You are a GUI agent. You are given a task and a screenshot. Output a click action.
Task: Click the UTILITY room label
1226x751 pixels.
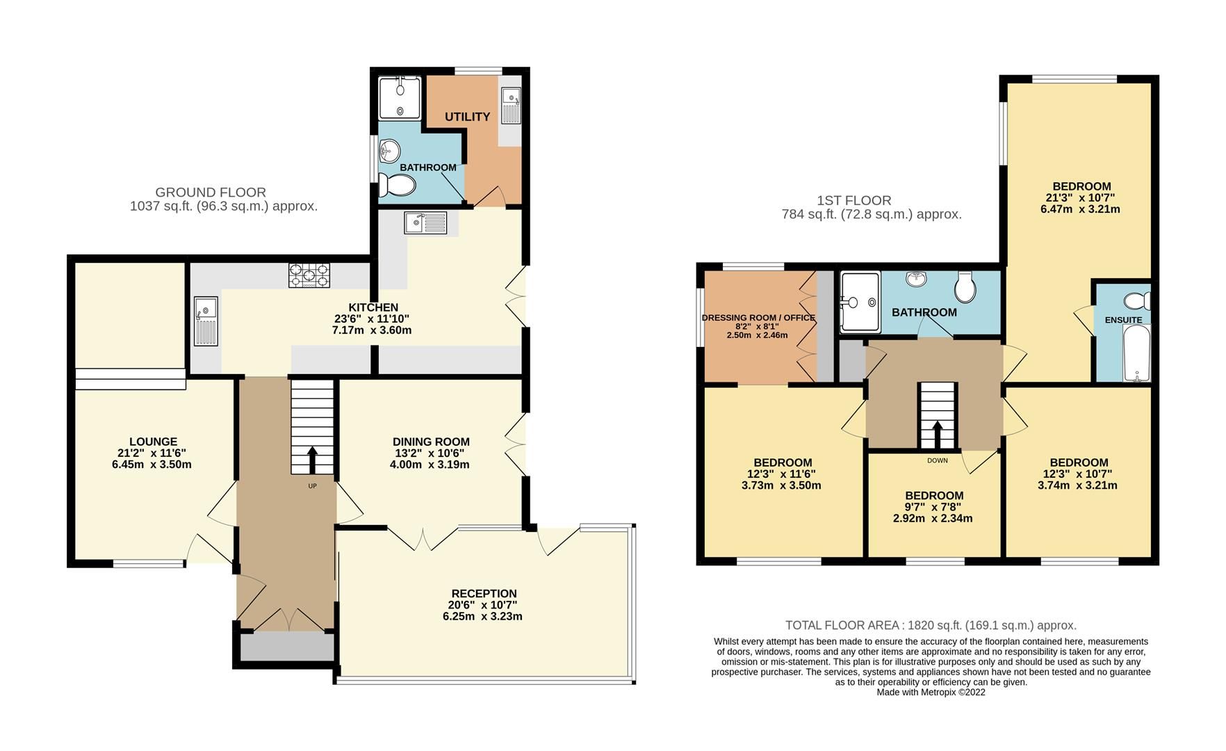point(467,117)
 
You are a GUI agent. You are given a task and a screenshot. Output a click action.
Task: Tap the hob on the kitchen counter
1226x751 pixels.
point(309,275)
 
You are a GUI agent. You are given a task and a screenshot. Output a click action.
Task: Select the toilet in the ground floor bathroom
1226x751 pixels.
point(398,186)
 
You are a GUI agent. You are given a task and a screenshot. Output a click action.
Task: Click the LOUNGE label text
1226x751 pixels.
point(153,442)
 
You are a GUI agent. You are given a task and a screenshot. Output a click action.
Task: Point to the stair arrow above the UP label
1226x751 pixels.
point(312,459)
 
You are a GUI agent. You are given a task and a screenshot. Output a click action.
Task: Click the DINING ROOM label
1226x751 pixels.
point(431,442)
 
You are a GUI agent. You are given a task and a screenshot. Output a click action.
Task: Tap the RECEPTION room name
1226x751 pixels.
point(484,594)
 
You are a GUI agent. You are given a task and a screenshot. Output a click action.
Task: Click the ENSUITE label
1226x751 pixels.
point(1123,320)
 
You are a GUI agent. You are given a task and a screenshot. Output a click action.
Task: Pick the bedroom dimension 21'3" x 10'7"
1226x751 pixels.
point(1081,197)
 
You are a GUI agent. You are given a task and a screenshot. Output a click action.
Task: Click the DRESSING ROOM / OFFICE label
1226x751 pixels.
point(758,318)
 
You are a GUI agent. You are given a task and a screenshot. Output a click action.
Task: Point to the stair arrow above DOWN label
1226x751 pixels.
point(938,434)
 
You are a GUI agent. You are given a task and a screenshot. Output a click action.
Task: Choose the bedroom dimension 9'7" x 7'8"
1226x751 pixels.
point(933,507)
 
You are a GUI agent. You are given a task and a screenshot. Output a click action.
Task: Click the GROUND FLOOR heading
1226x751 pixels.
point(211,192)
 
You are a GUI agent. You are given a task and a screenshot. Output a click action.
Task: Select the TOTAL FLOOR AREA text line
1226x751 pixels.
point(931,625)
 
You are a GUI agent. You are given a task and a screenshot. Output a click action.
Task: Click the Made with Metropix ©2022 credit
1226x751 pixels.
point(931,692)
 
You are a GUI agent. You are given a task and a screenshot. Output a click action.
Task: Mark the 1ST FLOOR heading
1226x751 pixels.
point(854,201)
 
